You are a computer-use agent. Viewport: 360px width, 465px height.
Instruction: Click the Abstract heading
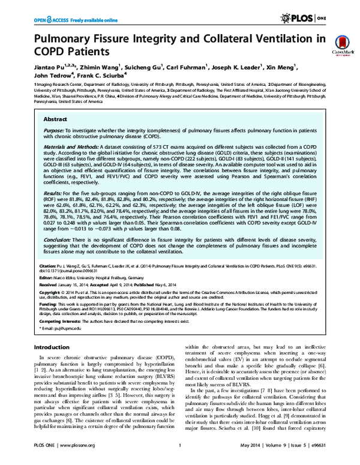point(55,119)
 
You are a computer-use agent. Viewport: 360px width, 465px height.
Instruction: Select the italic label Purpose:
point(56,130)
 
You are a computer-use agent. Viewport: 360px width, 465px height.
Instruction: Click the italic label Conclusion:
point(59,239)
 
